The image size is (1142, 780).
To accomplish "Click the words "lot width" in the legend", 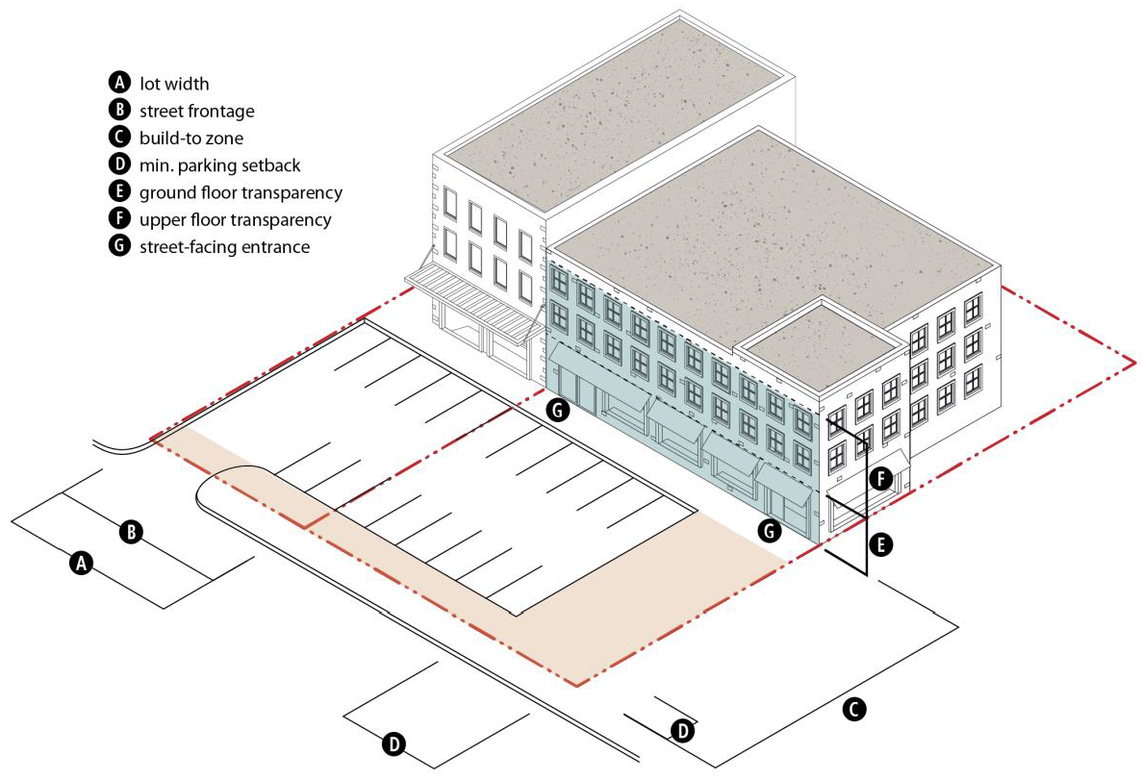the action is (x=174, y=84).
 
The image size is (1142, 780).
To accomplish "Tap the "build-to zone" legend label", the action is (x=191, y=138).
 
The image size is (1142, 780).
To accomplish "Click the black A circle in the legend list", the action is (x=120, y=84).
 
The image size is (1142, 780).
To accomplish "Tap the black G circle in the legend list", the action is (x=120, y=246).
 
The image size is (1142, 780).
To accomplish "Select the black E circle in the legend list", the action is (x=120, y=192).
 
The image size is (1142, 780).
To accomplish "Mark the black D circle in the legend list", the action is (x=120, y=165).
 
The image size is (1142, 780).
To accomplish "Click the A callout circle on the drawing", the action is (x=82, y=564).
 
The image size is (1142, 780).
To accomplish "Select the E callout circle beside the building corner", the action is (x=879, y=544).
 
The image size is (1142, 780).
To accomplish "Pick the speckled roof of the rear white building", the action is (x=616, y=115).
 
